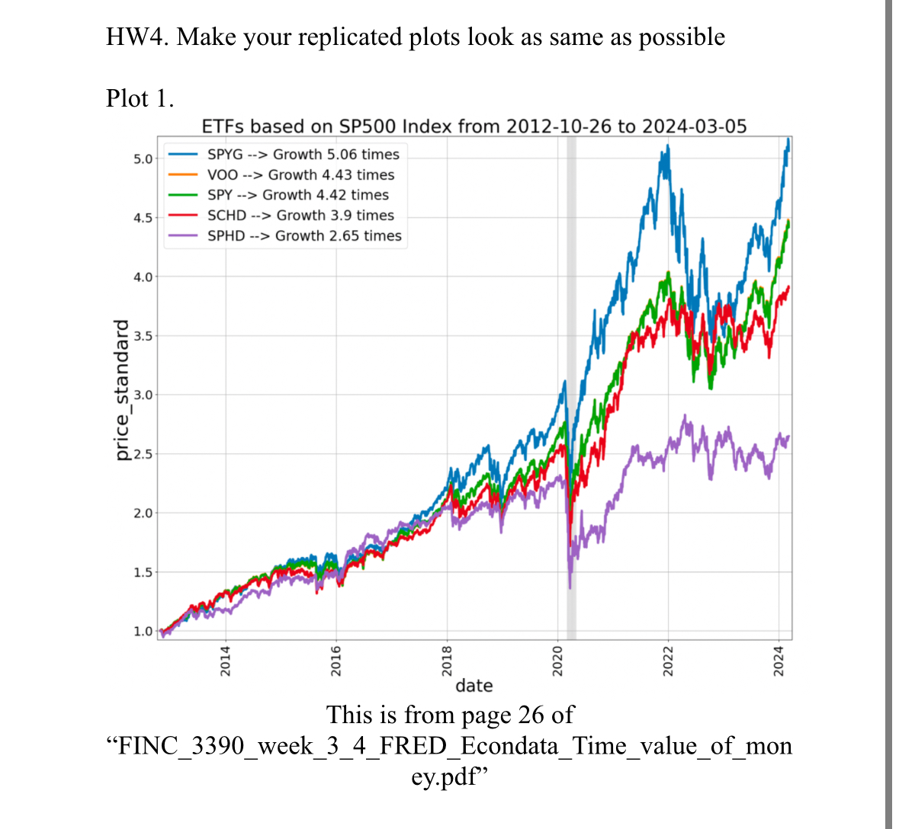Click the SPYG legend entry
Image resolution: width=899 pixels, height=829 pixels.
[x=303, y=154]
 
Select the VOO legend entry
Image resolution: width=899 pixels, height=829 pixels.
[x=300, y=174]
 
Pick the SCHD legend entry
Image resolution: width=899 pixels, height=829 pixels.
[x=300, y=216]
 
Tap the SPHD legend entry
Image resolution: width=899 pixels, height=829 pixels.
[x=303, y=236]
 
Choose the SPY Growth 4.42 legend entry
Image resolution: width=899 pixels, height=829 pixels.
[x=297, y=195]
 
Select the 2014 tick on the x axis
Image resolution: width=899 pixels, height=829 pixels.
[x=225, y=660]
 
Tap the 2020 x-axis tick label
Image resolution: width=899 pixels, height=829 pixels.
[x=557, y=660]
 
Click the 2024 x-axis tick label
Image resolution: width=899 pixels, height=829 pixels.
[x=779, y=660]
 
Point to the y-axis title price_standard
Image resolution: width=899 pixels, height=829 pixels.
[x=121, y=391]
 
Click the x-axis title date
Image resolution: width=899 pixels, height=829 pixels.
[x=474, y=686]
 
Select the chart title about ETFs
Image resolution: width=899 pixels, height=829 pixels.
[x=474, y=126]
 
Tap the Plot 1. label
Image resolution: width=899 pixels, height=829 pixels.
[x=140, y=98]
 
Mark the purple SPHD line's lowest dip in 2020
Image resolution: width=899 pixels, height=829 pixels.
[x=570, y=587]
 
